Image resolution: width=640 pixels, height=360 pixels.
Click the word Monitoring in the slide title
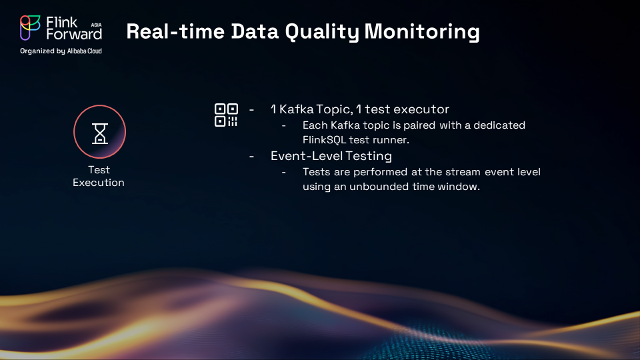[x=421, y=31]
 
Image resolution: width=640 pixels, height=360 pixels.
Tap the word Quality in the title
[x=322, y=32]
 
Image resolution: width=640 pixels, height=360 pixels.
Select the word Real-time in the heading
[x=175, y=31]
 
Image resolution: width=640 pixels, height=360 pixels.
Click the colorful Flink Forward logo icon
[x=30, y=28]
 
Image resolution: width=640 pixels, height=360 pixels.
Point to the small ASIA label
[x=96, y=25]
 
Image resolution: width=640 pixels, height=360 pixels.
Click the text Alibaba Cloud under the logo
[x=85, y=51]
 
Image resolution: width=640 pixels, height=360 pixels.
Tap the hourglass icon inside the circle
[x=99, y=133]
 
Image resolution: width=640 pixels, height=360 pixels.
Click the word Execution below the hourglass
[x=99, y=183]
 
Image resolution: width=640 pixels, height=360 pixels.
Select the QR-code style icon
[x=226, y=115]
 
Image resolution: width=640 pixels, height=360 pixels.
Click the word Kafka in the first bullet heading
[x=296, y=109]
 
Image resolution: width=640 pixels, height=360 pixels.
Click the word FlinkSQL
[x=324, y=140]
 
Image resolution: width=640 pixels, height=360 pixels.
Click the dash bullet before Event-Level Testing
[x=251, y=156]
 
